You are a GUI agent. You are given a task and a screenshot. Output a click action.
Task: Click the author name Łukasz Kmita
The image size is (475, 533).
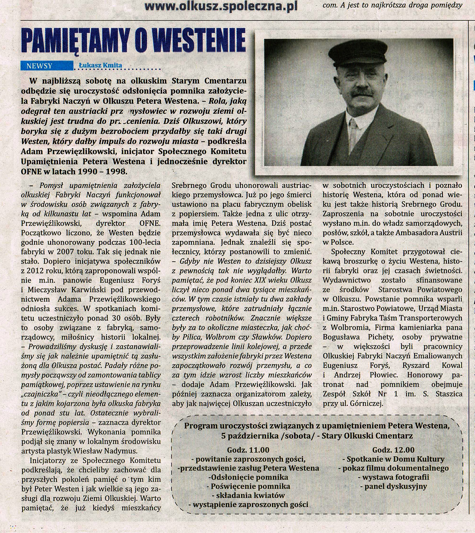click(x=100, y=65)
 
